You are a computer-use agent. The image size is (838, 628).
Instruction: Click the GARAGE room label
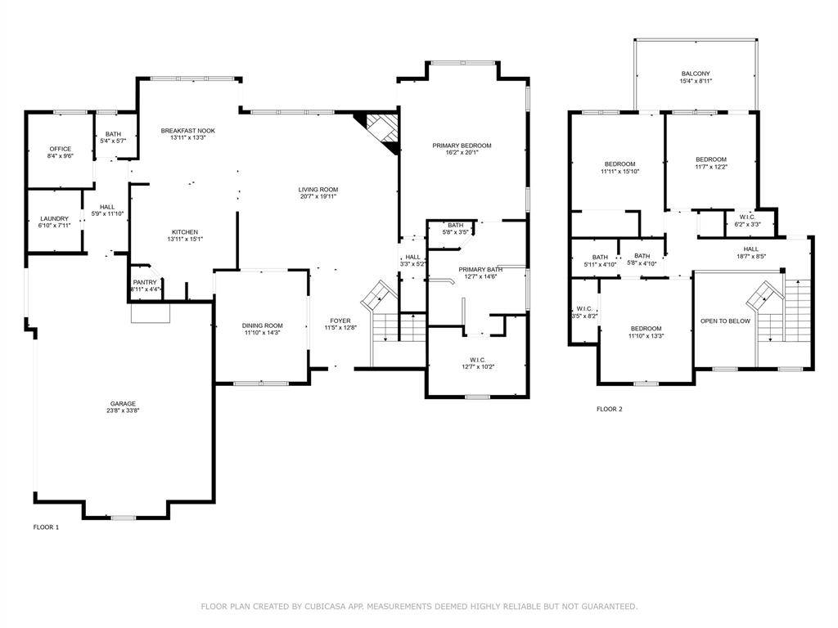(124, 403)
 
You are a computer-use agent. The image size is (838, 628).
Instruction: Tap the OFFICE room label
(61, 149)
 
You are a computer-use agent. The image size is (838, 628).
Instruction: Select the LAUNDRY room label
(54, 218)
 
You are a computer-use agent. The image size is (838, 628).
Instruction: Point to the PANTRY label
(145, 282)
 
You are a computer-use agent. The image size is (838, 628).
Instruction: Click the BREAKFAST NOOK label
(187, 131)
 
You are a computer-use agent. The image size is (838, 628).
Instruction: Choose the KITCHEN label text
(184, 231)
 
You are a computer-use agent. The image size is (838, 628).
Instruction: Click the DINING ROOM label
(263, 325)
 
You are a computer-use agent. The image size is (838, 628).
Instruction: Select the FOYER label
(340, 321)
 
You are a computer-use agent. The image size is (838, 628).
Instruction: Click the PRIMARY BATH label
(480, 269)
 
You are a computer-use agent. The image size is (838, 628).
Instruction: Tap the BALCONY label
(696, 74)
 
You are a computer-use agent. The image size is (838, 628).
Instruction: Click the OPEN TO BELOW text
(725, 321)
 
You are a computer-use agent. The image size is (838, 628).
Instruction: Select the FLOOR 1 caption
(46, 527)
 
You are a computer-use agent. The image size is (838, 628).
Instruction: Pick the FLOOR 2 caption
(609, 409)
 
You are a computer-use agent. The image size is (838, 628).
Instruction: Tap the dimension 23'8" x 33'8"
(124, 411)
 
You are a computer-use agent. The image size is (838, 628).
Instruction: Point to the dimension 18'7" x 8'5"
(750, 257)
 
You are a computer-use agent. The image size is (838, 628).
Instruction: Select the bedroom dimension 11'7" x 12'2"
(710, 167)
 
